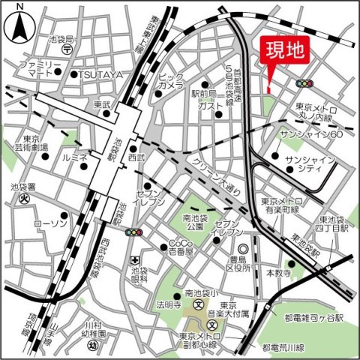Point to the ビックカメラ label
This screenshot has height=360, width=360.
(171, 81)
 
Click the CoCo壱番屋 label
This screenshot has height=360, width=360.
(181, 247)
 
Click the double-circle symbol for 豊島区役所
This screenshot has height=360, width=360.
(242, 249)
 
